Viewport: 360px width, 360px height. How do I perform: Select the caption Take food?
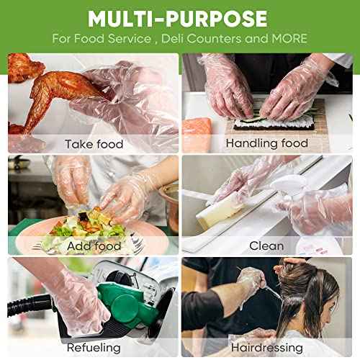pyautogui.click(x=94, y=144)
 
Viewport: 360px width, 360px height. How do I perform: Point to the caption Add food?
pyautogui.click(x=94, y=246)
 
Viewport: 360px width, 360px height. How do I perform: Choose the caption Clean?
pyautogui.click(x=266, y=246)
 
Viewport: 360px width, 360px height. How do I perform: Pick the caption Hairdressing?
pyautogui.click(x=266, y=348)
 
